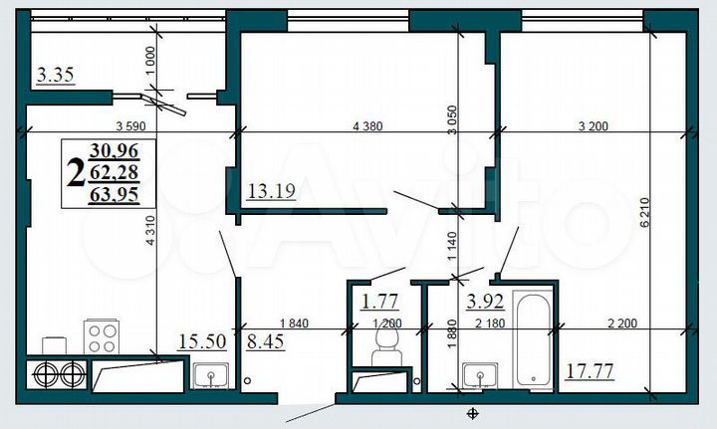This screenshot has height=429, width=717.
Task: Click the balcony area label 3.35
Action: click(x=55, y=75)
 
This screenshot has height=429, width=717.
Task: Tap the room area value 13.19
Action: click(x=270, y=191)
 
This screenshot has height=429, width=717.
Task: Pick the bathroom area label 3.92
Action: click(x=485, y=296)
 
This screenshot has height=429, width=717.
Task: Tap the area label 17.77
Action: click(x=589, y=371)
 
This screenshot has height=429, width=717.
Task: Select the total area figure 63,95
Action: click(x=115, y=195)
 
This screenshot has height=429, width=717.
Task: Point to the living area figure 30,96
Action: click(x=115, y=152)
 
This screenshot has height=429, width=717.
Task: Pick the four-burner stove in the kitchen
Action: click(x=101, y=335)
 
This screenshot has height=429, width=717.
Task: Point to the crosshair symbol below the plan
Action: click(x=473, y=412)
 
